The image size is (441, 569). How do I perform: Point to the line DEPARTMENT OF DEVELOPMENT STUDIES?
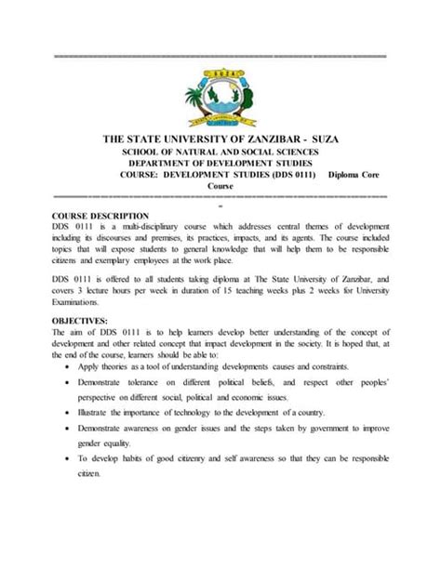click(x=221, y=163)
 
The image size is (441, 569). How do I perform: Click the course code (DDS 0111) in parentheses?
click(x=287, y=174)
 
